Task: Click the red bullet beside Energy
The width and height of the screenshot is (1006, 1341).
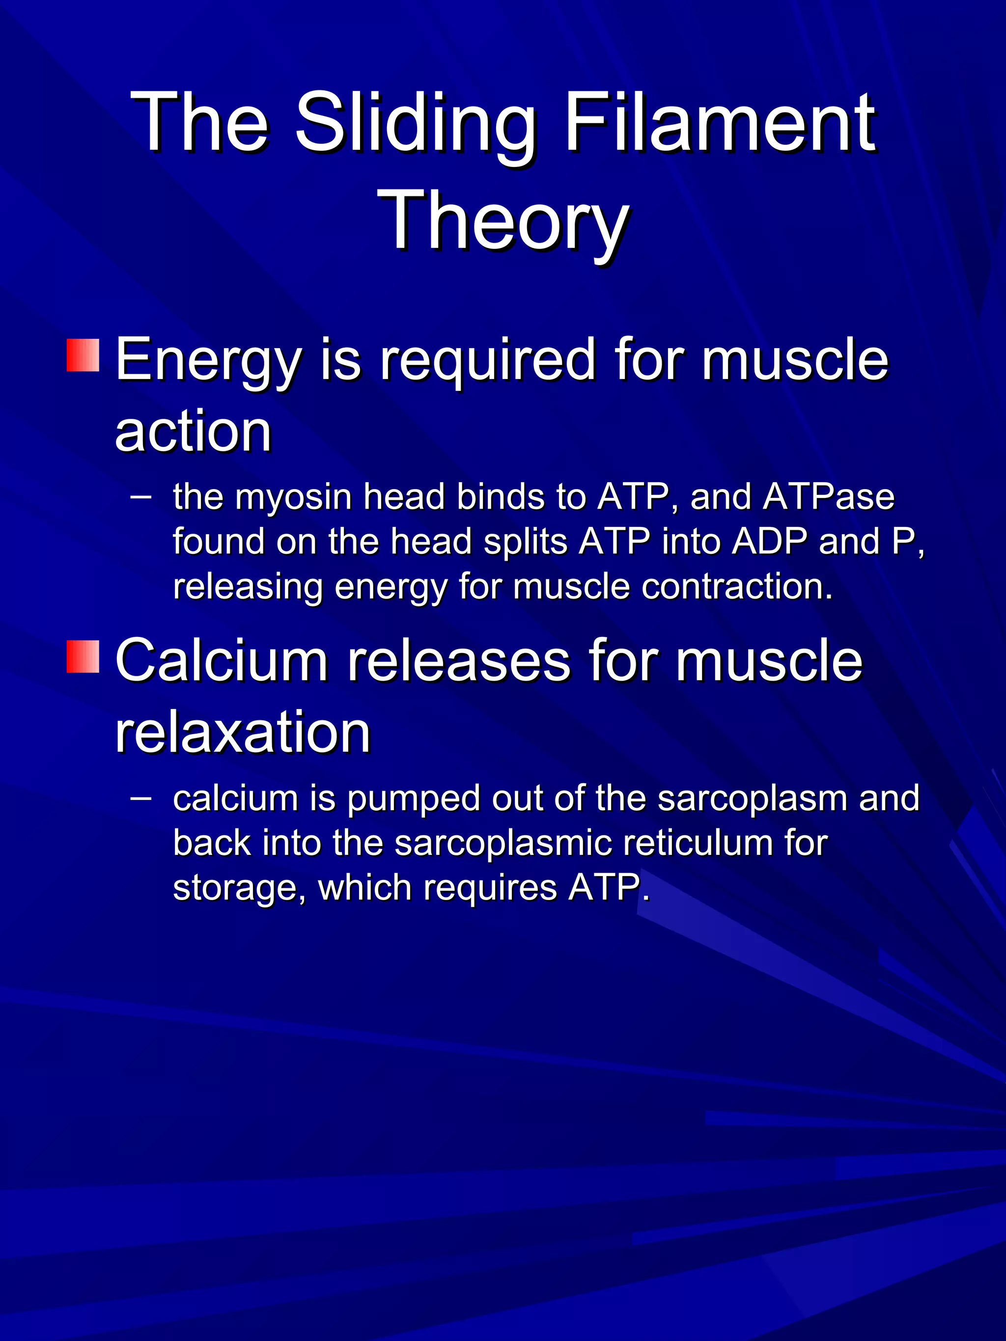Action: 83,355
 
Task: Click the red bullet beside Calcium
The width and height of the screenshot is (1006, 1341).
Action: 83,657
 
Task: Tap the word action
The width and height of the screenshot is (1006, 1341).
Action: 193,432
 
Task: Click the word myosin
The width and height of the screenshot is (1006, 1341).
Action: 293,496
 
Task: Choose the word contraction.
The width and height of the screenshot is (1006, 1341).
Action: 737,586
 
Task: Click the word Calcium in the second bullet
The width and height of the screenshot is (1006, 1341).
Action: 221,661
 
